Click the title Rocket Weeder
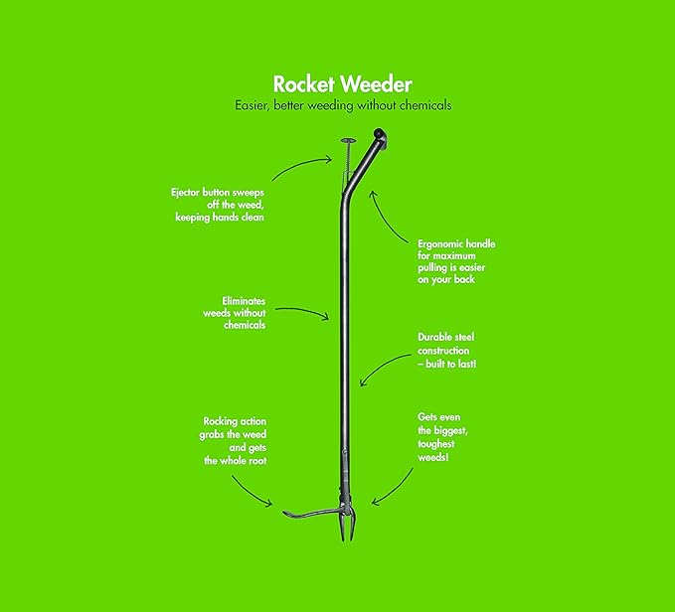click(x=343, y=84)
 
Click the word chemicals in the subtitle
click(x=425, y=105)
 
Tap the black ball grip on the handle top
click(x=380, y=133)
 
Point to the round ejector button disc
click(x=348, y=140)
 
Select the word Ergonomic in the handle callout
click(x=436, y=244)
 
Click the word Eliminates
click(x=244, y=301)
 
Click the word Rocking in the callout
click(x=220, y=421)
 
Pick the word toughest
click(x=436, y=444)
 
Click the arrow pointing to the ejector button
click(x=302, y=166)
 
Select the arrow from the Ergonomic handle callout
click(x=386, y=217)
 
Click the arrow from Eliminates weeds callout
click(x=302, y=311)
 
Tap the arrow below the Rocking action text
click(x=251, y=493)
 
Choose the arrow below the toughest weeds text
click(x=394, y=490)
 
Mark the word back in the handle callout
click(x=464, y=279)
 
